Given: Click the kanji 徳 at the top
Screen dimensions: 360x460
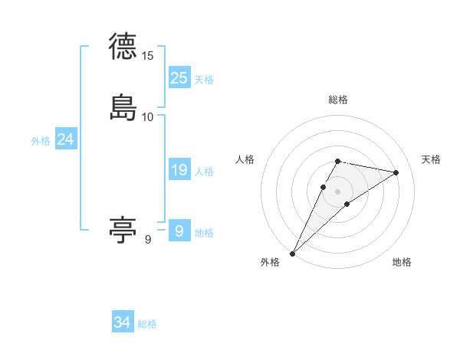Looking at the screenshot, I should (x=123, y=47).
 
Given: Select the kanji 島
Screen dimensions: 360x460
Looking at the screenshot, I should (x=123, y=106).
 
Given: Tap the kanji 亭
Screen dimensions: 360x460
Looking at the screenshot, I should (x=123, y=229).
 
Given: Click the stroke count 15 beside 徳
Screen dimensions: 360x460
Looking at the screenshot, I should (x=148, y=56).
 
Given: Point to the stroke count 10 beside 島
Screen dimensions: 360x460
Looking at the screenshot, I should (x=148, y=116).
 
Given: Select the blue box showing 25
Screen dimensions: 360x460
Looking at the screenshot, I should (x=179, y=77).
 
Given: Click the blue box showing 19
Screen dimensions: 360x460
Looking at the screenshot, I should (x=179, y=170).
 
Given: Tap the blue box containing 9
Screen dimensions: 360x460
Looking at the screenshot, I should (x=179, y=231).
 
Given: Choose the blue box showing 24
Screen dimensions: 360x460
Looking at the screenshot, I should (x=66, y=139).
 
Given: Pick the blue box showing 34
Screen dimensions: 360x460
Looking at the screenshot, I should (x=123, y=322).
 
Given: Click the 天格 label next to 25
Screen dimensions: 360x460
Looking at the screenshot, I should (x=204, y=80).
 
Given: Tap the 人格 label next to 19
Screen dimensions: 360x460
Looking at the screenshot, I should (x=204, y=172).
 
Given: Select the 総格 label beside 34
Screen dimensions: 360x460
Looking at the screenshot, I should (x=147, y=324).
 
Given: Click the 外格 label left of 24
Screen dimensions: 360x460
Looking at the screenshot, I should (x=41, y=141).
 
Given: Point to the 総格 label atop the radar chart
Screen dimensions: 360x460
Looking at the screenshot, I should (x=337, y=100).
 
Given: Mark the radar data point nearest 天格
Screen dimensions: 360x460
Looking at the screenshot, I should (x=396, y=172).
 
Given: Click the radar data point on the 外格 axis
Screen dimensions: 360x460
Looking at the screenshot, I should (x=292, y=253).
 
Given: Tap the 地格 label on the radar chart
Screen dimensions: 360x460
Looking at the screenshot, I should (x=402, y=263).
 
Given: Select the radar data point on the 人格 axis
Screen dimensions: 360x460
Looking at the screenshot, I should (x=323, y=187).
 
